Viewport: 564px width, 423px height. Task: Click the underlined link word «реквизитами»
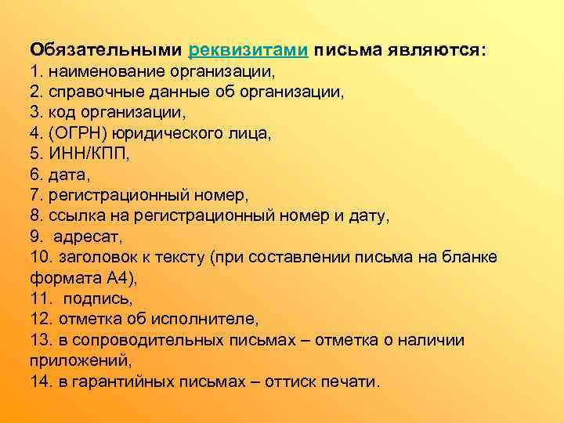248,50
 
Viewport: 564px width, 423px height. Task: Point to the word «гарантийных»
121,381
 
